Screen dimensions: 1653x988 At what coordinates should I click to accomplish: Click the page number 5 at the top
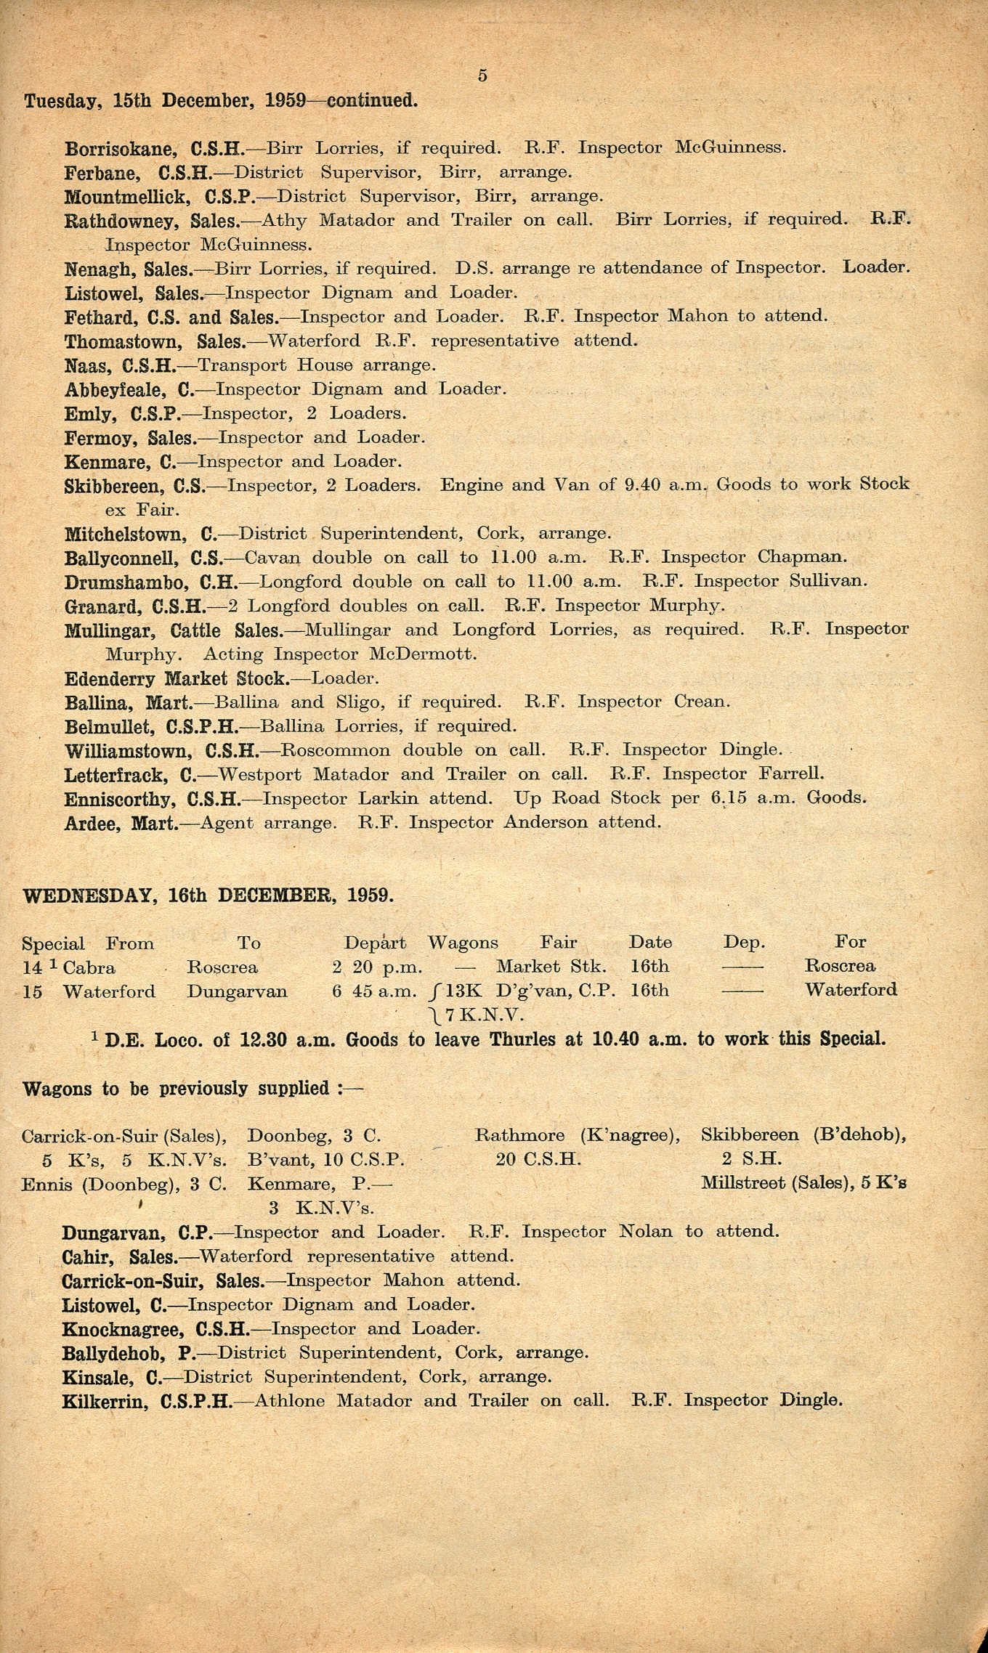[482, 76]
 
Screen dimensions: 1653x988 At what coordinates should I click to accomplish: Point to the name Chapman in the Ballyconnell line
[802, 558]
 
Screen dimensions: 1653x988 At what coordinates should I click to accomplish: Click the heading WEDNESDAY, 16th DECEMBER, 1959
[209, 895]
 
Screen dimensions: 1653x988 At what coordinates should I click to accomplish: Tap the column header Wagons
[463, 943]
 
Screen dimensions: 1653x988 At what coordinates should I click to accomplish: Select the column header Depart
[375, 943]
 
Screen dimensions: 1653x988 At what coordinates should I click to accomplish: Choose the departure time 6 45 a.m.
[375, 991]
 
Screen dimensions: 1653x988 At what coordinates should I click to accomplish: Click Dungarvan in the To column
[237, 991]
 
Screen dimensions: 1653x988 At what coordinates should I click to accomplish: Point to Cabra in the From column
[89, 967]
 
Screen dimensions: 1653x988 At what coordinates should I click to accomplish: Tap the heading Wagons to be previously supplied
[193, 1089]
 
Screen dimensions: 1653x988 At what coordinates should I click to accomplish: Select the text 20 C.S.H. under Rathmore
[538, 1160]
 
